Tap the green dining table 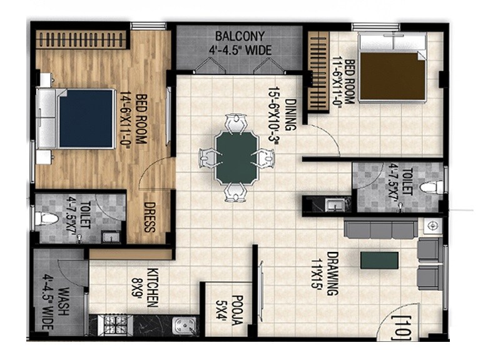[x=236, y=157]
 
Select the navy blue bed [x=86, y=118]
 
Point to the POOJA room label [x=235, y=309]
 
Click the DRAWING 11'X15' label [x=326, y=275]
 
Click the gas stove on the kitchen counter [x=116, y=325]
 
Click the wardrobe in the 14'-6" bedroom [x=81, y=39]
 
